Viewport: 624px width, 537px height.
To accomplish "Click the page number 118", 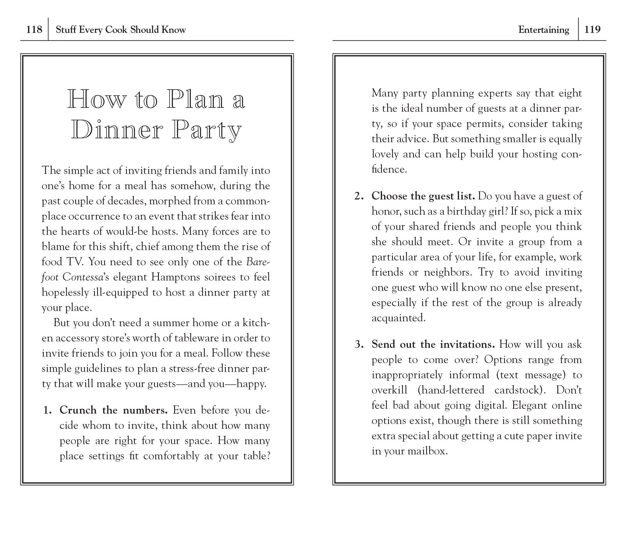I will (34, 30).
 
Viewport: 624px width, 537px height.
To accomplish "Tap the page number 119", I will (592, 30).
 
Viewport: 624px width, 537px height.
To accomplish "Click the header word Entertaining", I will (543, 30).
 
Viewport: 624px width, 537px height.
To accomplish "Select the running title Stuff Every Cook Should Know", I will (121, 30).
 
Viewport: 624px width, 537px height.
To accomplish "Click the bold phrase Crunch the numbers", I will (114, 410).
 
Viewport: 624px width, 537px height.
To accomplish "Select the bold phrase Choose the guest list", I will (423, 196).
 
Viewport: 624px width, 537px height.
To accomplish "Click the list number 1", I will (48, 411).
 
